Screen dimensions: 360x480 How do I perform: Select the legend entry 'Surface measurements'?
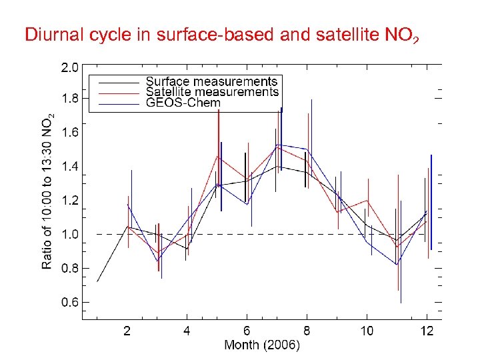point(211,82)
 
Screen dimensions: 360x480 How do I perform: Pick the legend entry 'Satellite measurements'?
point(212,92)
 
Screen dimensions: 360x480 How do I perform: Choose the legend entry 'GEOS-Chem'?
point(183,103)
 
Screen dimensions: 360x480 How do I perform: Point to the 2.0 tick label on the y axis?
point(69,67)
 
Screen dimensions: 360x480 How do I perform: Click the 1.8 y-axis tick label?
point(69,99)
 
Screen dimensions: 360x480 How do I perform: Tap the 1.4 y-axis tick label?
point(69,167)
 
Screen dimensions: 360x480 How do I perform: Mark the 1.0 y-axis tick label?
point(69,235)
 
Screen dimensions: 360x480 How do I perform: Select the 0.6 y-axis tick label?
point(69,302)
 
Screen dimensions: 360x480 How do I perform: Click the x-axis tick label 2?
point(127,331)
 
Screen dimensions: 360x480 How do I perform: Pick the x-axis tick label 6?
point(247,331)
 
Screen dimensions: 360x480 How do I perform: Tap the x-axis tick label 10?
point(367,331)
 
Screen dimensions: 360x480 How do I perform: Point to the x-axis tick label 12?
point(427,331)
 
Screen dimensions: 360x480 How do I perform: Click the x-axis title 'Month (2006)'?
point(262,345)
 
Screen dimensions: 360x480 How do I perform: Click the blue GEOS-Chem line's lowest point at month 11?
point(397,265)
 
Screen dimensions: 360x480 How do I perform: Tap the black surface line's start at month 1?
point(97,281)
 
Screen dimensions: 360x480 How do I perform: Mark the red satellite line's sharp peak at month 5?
point(217,157)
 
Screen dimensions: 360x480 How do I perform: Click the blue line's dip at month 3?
point(158,261)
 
